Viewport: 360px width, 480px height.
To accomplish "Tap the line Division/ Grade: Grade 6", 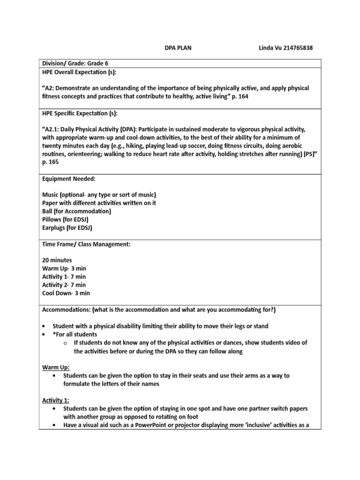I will (x=75, y=63).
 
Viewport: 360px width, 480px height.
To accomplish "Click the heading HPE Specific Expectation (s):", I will (x=80, y=114).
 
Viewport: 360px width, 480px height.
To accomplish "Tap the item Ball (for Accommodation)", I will (x=76, y=211).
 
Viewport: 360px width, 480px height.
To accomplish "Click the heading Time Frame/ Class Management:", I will (x=86, y=244).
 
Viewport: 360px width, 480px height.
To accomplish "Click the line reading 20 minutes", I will (x=57, y=260).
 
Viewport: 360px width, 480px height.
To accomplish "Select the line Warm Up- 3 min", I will (x=64, y=269).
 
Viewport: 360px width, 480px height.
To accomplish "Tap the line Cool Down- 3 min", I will (x=66, y=293).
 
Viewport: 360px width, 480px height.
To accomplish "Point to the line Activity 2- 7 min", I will (x=64, y=285).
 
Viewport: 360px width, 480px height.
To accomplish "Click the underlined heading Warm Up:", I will (x=55, y=367).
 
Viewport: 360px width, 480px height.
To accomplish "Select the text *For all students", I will (x=75, y=334).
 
